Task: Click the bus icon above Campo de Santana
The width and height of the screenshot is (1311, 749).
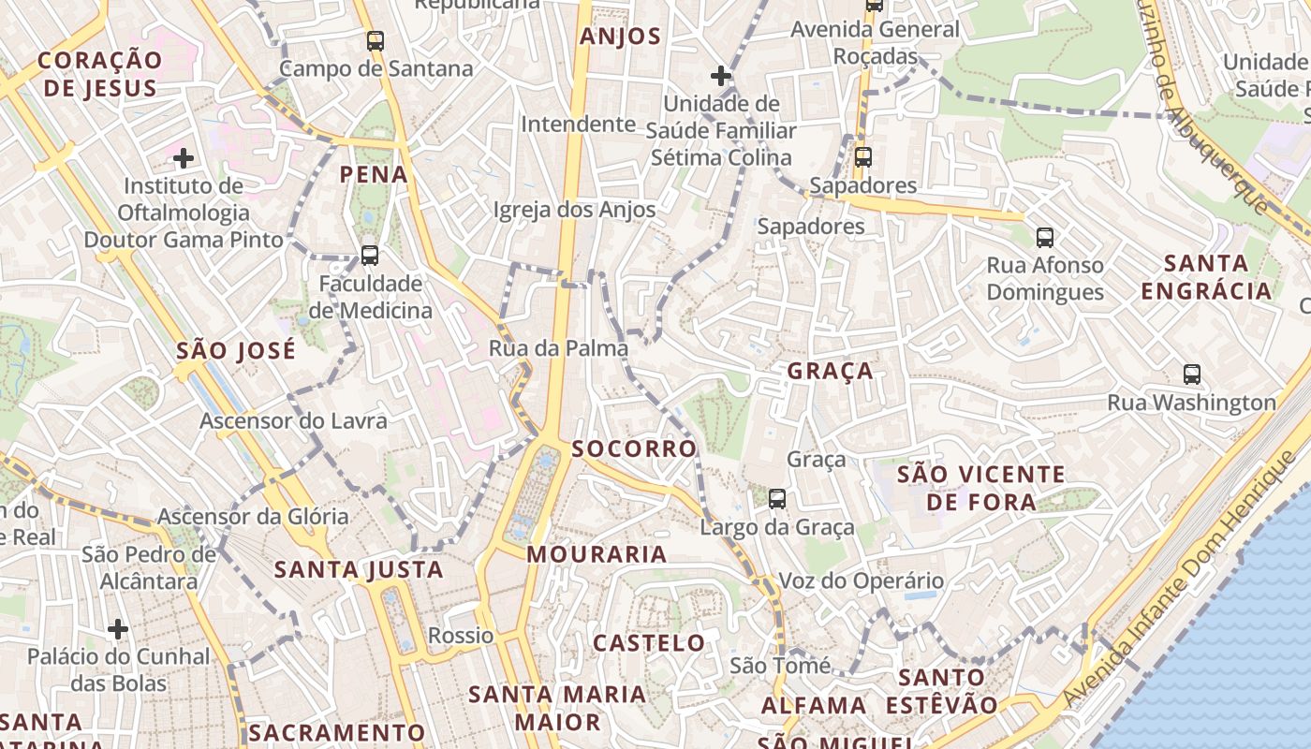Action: pyautogui.click(x=376, y=41)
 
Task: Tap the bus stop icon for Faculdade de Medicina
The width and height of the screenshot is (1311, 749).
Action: pyautogui.click(x=370, y=255)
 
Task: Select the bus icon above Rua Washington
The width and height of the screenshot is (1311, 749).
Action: pyautogui.click(x=1192, y=374)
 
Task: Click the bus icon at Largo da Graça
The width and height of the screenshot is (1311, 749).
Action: pyautogui.click(x=777, y=499)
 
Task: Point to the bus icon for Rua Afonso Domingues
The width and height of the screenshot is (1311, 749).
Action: pyautogui.click(x=1045, y=238)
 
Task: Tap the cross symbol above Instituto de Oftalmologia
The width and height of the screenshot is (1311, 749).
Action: pyautogui.click(x=184, y=158)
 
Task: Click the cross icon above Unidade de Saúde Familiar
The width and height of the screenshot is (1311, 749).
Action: pyautogui.click(x=721, y=76)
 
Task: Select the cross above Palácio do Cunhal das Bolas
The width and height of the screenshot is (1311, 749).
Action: pyautogui.click(x=118, y=628)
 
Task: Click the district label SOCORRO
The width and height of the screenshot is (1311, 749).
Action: pyautogui.click(x=635, y=449)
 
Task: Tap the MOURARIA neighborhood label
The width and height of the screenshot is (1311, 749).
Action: pyautogui.click(x=597, y=554)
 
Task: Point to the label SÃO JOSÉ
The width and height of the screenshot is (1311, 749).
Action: pyautogui.click(x=236, y=351)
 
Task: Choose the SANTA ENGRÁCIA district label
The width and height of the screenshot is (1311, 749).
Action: pyautogui.click(x=1207, y=277)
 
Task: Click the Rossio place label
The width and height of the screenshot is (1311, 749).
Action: pyautogui.click(x=461, y=636)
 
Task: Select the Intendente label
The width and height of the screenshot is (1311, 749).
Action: pyautogui.click(x=578, y=124)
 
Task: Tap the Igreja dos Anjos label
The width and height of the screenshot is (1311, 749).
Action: pyautogui.click(x=575, y=210)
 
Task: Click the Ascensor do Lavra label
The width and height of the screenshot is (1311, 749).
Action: pyautogui.click(x=293, y=421)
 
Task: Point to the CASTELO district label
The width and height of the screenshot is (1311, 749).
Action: pyautogui.click(x=649, y=643)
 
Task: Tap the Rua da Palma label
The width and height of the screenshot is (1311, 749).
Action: pyautogui.click(x=558, y=348)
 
